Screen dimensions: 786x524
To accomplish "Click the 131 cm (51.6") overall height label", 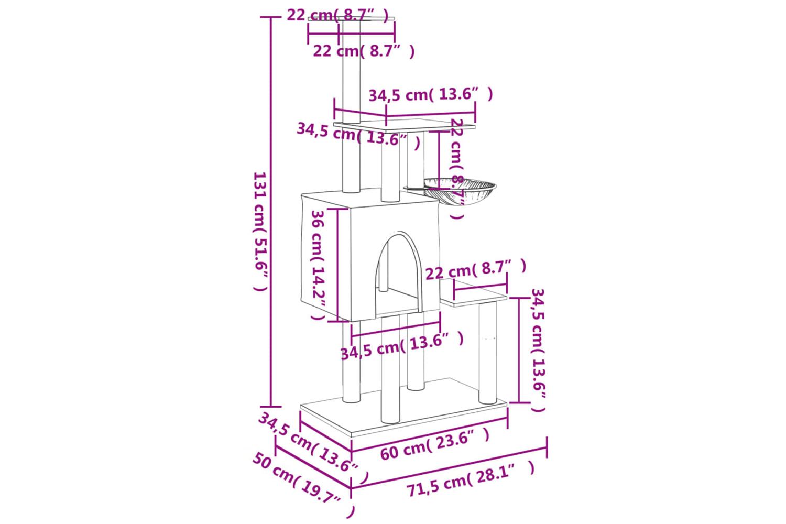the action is (x=260, y=231).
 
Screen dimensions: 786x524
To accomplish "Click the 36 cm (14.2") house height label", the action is (x=319, y=265).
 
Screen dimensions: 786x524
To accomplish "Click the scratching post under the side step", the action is (x=488, y=353).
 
